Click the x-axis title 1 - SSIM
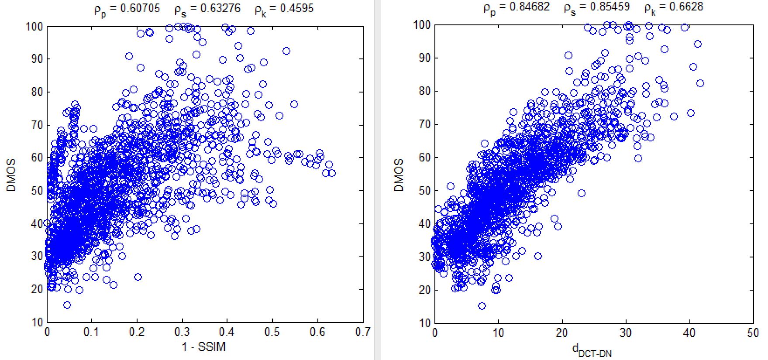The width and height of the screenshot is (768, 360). tap(203, 347)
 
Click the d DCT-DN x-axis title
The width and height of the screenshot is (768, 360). tap(592, 350)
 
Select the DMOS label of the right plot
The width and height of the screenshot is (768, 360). tap(399, 175)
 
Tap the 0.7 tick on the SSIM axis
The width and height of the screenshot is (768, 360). tap(363, 333)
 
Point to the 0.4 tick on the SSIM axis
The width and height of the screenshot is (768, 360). tap(227, 333)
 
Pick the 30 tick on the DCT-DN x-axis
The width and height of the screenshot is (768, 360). tap(626, 333)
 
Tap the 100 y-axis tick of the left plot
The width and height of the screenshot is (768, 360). tap(34, 26)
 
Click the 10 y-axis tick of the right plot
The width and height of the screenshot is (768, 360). tap(425, 323)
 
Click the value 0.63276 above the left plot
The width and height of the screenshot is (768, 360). tap(218, 8)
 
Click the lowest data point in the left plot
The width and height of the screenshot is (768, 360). tap(67, 305)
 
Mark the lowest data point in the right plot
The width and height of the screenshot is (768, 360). tap(482, 306)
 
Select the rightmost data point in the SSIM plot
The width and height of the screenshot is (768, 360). tap(332, 173)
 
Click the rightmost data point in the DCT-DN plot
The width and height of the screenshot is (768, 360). tap(700, 83)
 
